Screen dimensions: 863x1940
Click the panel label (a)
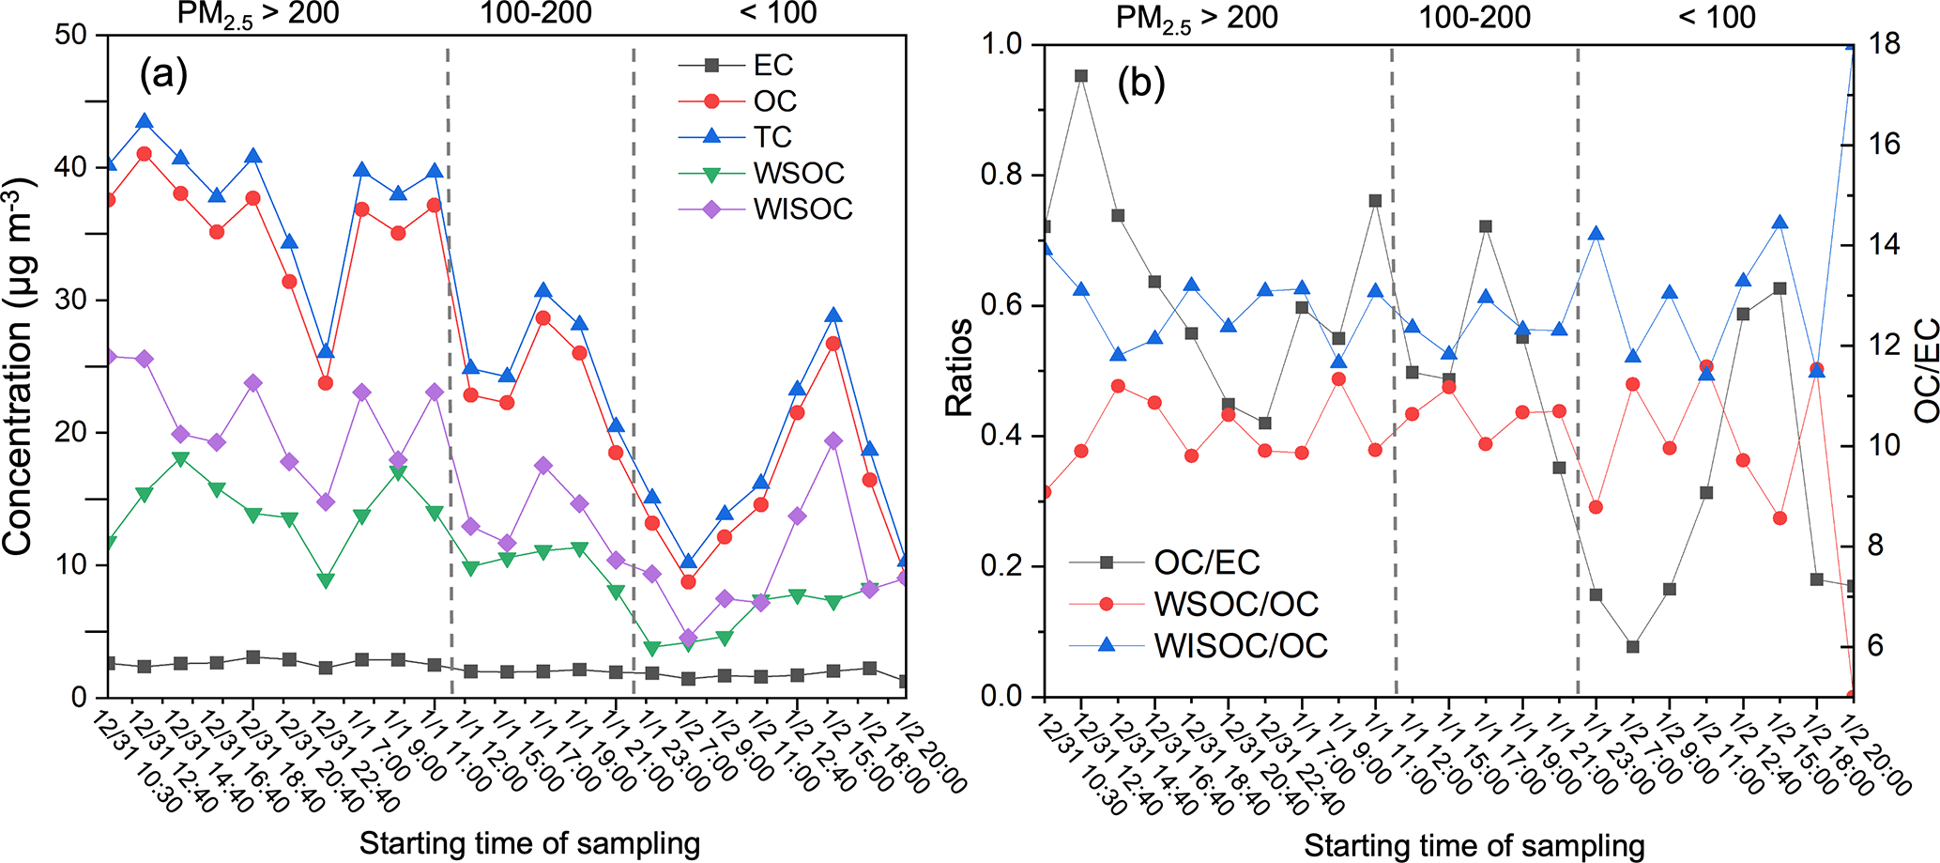(x=163, y=73)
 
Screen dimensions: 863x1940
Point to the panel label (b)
(x=1140, y=85)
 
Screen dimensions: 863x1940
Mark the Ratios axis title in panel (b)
(x=959, y=366)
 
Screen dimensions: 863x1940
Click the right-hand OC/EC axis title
(x=1926, y=371)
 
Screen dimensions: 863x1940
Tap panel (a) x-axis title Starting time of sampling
(x=529, y=843)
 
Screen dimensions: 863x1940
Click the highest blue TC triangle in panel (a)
(x=145, y=121)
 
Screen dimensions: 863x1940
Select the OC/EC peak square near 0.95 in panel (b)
(x=1081, y=76)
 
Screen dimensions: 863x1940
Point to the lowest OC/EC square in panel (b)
(x=1632, y=647)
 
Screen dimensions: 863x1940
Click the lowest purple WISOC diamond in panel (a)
(x=687, y=638)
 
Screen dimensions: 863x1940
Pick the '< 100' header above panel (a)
(x=778, y=13)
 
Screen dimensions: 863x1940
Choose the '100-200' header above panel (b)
(x=1474, y=16)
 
